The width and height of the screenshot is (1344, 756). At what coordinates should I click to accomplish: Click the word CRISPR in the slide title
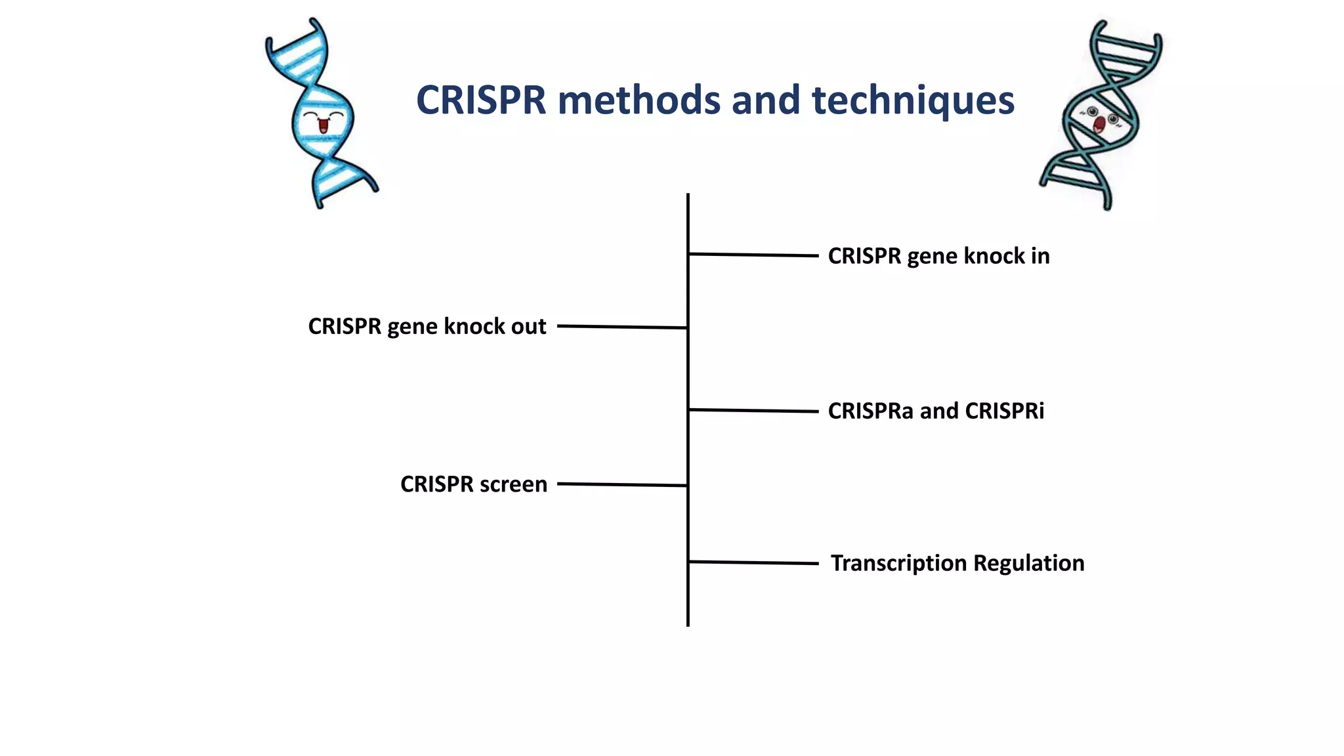[x=481, y=100]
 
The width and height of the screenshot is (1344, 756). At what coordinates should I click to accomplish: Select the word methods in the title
[x=639, y=100]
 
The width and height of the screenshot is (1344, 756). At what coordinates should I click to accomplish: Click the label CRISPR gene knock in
[x=938, y=256]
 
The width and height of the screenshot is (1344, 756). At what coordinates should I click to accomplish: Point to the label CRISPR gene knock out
[x=427, y=326]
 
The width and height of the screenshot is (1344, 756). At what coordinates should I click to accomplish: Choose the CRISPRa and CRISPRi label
[x=936, y=411]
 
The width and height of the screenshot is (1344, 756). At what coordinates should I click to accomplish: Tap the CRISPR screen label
[x=474, y=484]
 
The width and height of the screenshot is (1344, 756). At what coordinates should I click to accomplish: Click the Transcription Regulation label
[x=957, y=563]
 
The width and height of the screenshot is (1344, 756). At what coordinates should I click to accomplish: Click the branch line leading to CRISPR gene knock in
[x=753, y=255]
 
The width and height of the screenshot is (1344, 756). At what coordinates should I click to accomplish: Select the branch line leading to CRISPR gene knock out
[x=622, y=327]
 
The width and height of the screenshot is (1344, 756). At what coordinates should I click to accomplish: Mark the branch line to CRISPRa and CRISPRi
[x=753, y=411]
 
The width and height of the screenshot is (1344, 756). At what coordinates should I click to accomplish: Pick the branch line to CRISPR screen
[x=622, y=485]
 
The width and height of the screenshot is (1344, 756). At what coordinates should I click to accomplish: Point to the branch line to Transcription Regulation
[x=753, y=562]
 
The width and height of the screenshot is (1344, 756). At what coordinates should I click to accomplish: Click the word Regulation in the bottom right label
[x=1028, y=563]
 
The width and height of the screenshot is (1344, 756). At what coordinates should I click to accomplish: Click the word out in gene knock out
[x=528, y=326]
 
